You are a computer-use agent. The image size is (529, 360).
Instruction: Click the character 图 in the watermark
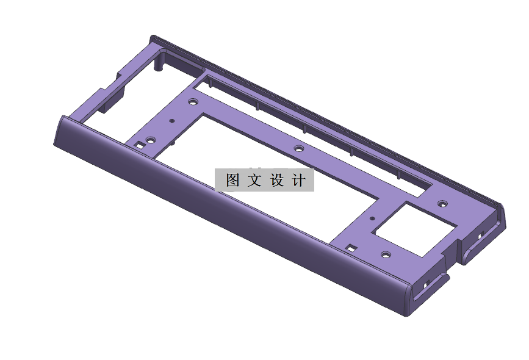click(x=232, y=181)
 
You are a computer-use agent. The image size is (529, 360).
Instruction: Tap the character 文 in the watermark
click(x=254, y=181)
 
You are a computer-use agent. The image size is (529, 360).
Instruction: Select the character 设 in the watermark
click(x=276, y=181)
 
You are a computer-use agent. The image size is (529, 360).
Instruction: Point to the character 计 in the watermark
click(x=298, y=181)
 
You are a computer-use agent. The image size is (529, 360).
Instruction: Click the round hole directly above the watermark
click(x=298, y=148)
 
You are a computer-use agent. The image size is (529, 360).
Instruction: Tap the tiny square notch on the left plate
click(x=140, y=145)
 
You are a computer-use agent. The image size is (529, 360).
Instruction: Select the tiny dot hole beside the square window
click(x=372, y=217)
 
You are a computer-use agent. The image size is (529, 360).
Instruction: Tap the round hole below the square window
click(x=385, y=254)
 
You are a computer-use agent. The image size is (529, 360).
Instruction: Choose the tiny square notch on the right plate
click(x=351, y=248)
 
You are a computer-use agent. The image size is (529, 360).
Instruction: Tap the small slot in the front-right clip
click(x=426, y=284)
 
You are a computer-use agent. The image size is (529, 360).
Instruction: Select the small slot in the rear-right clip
click(x=480, y=235)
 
